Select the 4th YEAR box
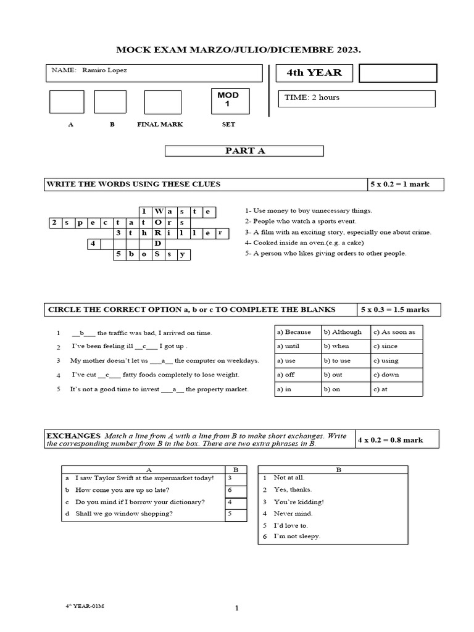tap(314, 73)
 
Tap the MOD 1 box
tap(228, 99)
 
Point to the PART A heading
tap(244, 151)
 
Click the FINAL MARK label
tap(160, 124)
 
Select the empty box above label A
tap(67, 102)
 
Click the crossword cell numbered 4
tap(94, 244)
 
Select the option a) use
tap(286, 360)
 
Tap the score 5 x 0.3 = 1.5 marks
tap(399, 309)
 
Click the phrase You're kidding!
tap(299, 502)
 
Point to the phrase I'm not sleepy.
tap(297, 536)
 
